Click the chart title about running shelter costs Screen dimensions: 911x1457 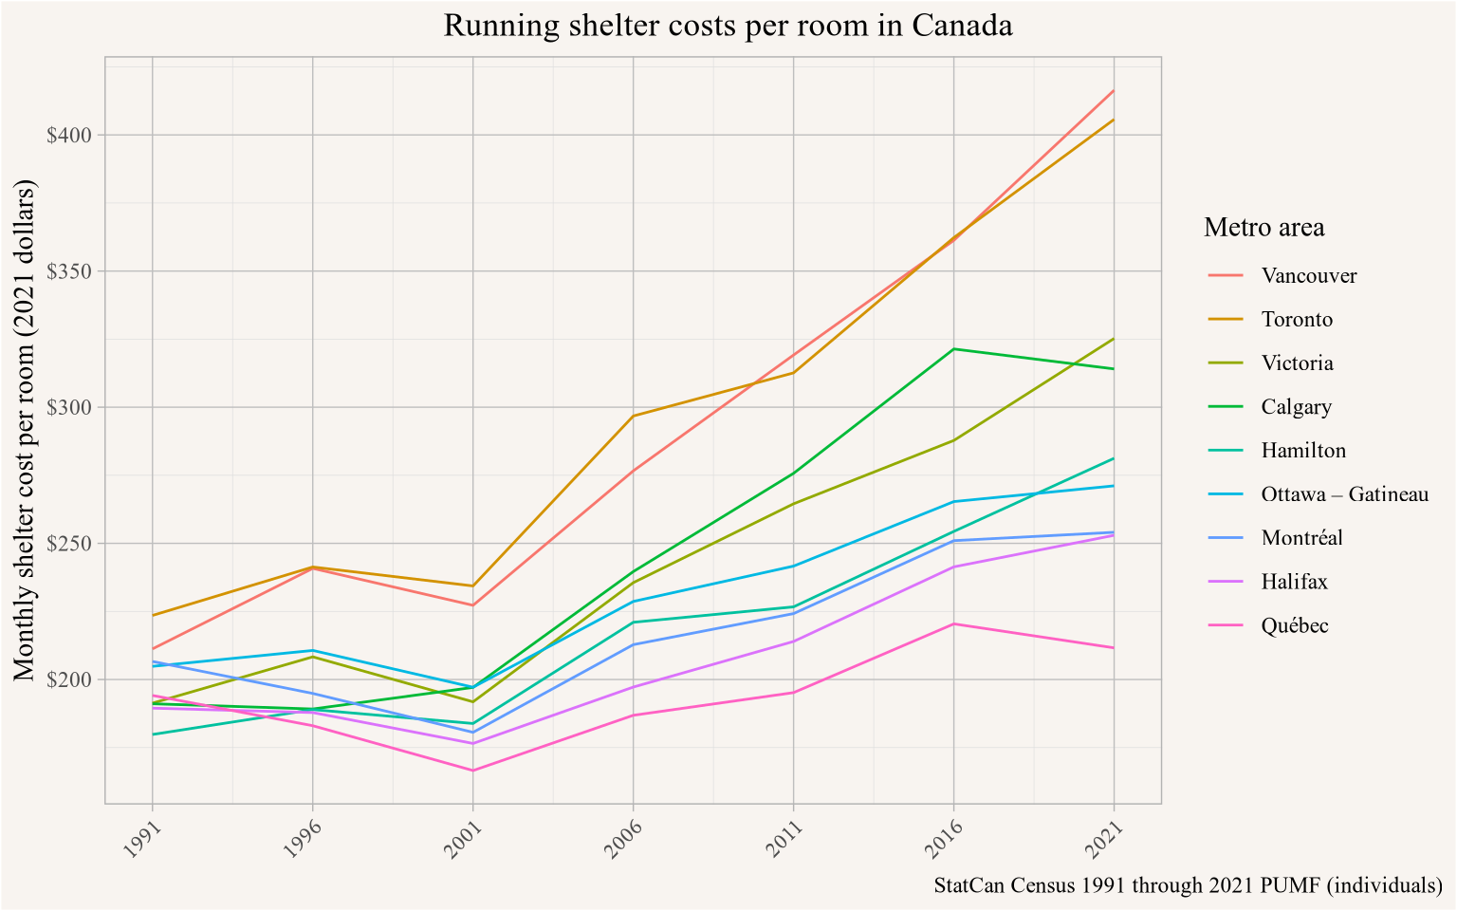click(x=728, y=26)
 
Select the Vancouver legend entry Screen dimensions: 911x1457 click(x=1309, y=276)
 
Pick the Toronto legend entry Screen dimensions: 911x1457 click(x=1297, y=320)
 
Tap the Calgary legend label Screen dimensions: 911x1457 click(x=1296, y=407)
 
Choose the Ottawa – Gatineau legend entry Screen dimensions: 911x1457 click(x=1344, y=494)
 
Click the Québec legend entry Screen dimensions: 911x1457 click(x=1295, y=625)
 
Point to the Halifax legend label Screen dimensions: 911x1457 click(x=1294, y=582)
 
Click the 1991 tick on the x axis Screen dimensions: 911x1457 click(x=141, y=839)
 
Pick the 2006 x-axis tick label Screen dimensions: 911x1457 click(x=622, y=839)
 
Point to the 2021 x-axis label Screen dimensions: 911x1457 click(x=1102, y=839)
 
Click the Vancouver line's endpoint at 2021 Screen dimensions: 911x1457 click(x=1113, y=91)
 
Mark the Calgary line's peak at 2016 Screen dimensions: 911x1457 click(x=953, y=349)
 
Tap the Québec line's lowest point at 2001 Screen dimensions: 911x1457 click(x=472, y=771)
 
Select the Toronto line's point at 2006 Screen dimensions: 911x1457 click(x=633, y=416)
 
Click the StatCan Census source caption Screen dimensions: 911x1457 click(x=1188, y=885)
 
